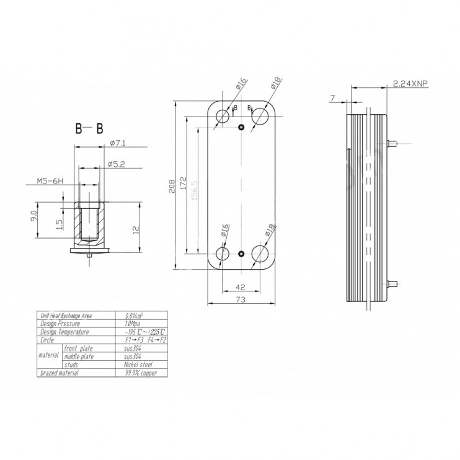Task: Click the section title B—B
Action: pyautogui.click(x=90, y=129)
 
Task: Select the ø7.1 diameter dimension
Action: pyautogui.click(x=118, y=143)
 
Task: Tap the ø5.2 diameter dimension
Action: pyautogui.click(x=117, y=164)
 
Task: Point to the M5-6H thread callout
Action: pyautogui.click(x=50, y=182)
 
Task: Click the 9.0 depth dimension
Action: pyautogui.click(x=35, y=218)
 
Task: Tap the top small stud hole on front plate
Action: pyautogui.click(x=242, y=128)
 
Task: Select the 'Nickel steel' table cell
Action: pyautogui.click(x=138, y=365)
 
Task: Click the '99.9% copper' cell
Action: pyautogui.click(x=139, y=373)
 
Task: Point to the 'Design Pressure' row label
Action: pyautogui.click(x=61, y=324)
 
